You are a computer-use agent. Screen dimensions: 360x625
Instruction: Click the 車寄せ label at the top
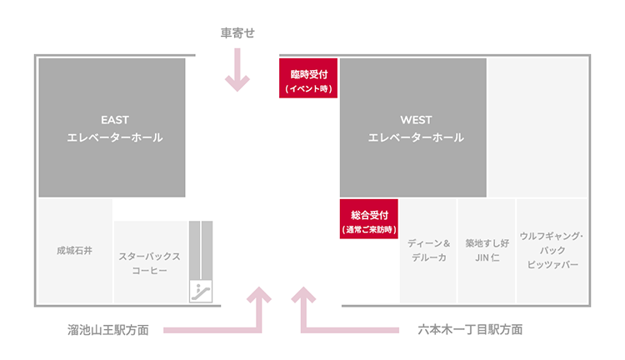click(237, 33)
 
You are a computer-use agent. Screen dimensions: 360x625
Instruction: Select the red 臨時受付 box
click(308, 78)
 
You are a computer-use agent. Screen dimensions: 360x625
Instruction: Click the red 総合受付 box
click(368, 219)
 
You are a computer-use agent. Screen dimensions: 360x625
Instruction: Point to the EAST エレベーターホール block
click(112, 127)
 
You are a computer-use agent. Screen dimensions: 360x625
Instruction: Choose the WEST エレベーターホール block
click(413, 127)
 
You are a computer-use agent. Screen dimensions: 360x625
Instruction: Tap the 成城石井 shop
click(75, 249)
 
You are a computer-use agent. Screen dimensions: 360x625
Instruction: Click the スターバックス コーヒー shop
click(149, 263)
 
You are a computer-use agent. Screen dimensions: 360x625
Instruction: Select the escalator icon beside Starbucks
click(201, 291)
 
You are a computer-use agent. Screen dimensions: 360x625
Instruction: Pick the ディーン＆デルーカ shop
click(427, 250)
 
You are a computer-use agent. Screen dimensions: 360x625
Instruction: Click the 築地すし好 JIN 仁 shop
click(486, 250)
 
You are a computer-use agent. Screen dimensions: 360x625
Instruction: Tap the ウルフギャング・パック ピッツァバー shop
click(552, 250)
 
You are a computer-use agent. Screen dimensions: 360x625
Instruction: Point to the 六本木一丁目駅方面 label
click(470, 330)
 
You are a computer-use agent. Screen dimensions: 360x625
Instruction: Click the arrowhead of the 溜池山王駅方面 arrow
click(261, 295)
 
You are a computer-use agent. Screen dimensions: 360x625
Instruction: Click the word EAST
click(114, 120)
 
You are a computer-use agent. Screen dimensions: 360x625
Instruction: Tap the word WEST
click(416, 120)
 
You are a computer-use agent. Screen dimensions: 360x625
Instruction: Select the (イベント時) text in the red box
click(308, 87)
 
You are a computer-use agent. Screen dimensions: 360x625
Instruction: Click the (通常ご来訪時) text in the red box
click(368, 229)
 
